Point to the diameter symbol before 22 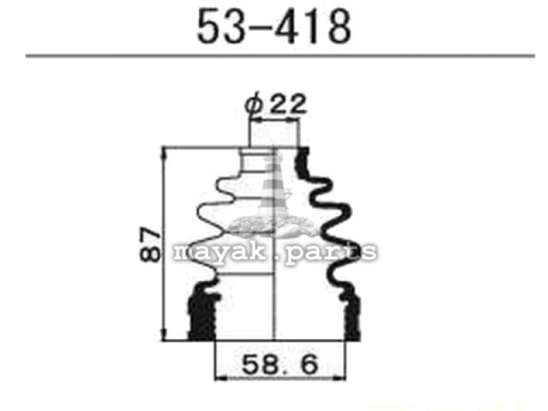click(x=253, y=103)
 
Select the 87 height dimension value click(x=151, y=245)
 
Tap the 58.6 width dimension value click(x=280, y=364)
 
